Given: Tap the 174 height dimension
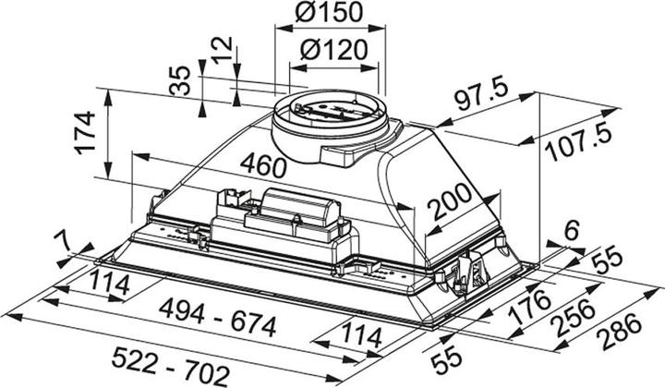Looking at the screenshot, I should point(85,133).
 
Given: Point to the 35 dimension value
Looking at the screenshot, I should point(181,82).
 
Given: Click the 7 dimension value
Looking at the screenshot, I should point(61,242).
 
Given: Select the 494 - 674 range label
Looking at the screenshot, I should point(218,326).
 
